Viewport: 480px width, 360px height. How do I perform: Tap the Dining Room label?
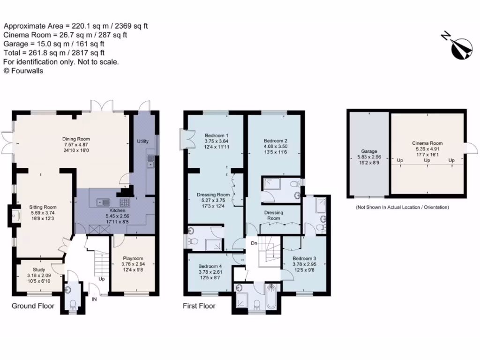[x=76, y=139]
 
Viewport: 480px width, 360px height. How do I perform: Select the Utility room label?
[x=142, y=141]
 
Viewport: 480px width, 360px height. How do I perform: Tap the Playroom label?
[x=133, y=258]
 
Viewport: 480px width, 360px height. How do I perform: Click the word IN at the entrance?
[x=94, y=299]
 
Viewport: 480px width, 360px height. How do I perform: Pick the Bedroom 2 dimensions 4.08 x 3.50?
[x=275, y=146]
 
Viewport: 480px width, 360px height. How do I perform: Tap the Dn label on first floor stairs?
[x=254, y=243]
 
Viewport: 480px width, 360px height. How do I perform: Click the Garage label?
[x=369, y=152]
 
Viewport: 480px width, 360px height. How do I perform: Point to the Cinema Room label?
[x=427, y=143]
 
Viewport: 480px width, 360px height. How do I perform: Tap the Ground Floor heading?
[x=33, y=306]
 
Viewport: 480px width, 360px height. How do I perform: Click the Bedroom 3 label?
[x=305, y=258]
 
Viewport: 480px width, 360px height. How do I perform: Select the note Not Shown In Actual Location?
[x=402, y=207]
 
